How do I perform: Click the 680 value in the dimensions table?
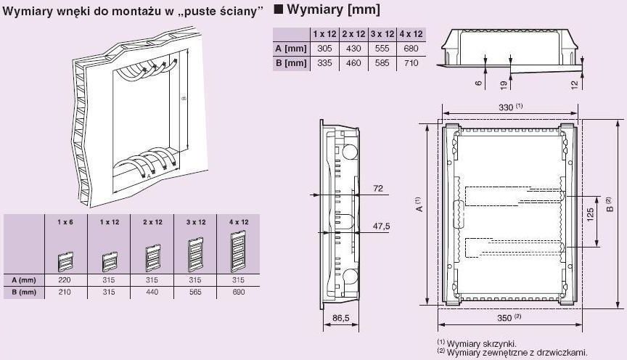click(411, 49)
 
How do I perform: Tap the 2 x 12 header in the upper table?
click(353, 34)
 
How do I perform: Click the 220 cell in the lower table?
click(65, 279)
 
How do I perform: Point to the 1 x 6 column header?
click(65, 221)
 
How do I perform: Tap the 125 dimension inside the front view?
click(591, 216)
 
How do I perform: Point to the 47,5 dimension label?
click(381, 226)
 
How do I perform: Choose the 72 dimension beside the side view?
click(377, 189)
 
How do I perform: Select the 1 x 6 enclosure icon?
click(65, 258)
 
